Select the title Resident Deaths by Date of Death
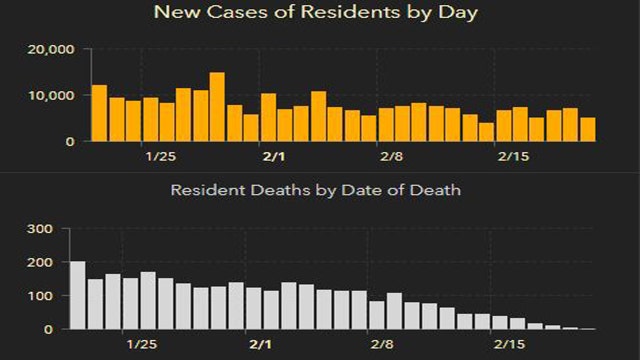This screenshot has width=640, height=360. [x=315, y=189]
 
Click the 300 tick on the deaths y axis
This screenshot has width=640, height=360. [x=39, y=229]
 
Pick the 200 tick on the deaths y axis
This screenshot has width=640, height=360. [x=39, y=262]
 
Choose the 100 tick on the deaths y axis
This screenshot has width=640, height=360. [x=39, y=296]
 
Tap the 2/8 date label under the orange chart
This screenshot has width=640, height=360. [x=391, y=157]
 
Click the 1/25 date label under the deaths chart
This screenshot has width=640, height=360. [x=141, y=345]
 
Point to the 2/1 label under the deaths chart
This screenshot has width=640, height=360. [x=260, y=345]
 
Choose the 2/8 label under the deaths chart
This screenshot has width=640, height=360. [x=382, y=345]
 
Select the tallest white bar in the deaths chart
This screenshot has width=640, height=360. [x=77, y=296]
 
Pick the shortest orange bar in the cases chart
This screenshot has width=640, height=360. [x=486, y=132]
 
